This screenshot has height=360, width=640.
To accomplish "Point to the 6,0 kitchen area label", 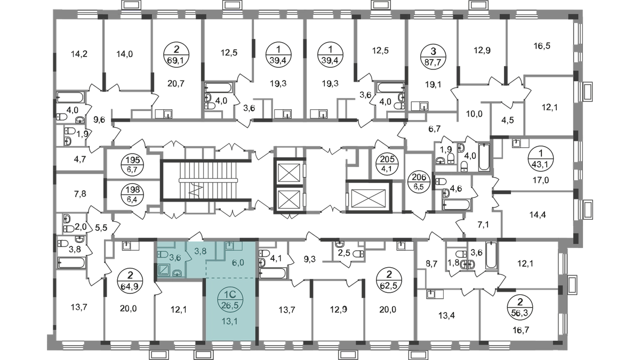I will [237, 262].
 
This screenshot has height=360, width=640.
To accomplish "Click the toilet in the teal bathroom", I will [163, 254].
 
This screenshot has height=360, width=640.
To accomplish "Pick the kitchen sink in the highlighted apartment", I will [230, 246].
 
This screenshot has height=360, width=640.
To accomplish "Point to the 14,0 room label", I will [124, 53].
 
